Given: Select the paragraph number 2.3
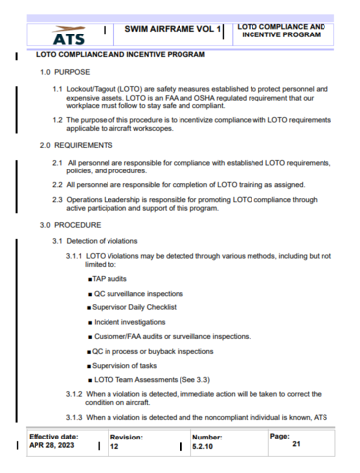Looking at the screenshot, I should (59, 199).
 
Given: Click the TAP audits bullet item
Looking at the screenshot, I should (111, 280).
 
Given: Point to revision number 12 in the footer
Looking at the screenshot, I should (114, 446).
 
